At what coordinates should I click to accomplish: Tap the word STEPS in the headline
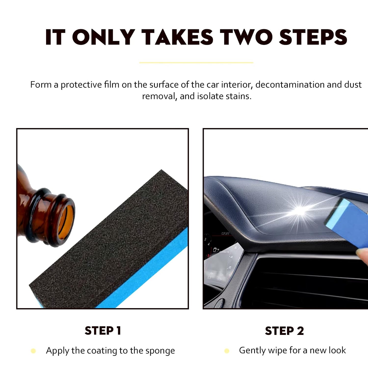(x=313, y=37)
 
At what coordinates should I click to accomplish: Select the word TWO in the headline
(x=246, y=37)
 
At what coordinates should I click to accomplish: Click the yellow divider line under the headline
(x=196, y=62)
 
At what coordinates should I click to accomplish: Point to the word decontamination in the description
(x=290, y=85)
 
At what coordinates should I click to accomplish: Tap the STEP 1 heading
(x=103, y=331)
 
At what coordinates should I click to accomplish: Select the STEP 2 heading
(x=284, y=331)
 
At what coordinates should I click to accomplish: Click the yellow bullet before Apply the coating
(x=33, y=351)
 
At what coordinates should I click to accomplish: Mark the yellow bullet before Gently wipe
(x=227, y=351)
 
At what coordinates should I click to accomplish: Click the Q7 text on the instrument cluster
(x=216, y=250)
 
